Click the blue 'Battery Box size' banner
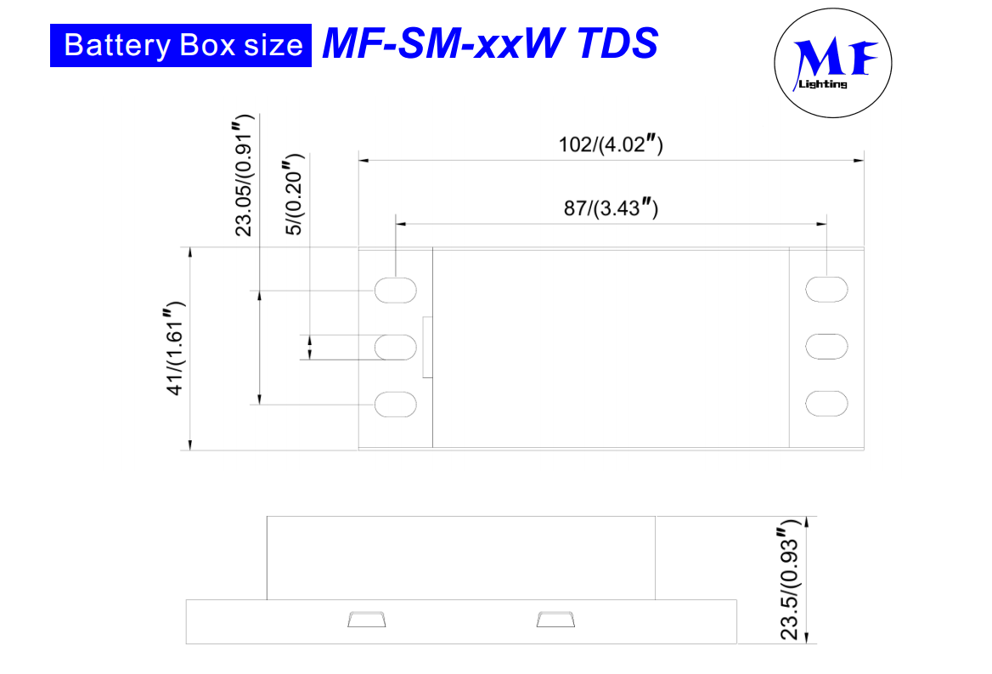point(180,46)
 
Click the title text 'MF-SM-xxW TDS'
point(490,43)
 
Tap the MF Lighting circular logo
point(832,63)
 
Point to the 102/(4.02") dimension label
point(611,144)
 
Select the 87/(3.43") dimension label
point(611,207)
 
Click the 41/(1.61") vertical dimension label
point(175,348)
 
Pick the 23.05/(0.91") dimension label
point(244,175)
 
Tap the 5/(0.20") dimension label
point(294,195)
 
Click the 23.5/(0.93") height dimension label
point(790,579)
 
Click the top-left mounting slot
point(396,291)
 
